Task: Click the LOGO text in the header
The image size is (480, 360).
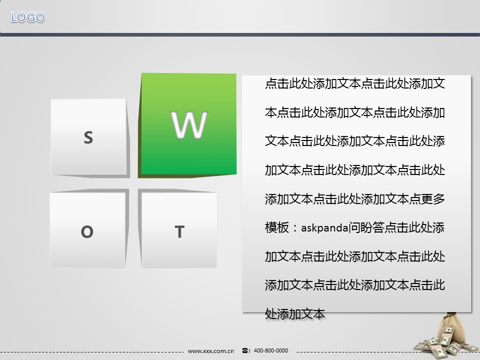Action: pyautogui.click(x=28, y=17)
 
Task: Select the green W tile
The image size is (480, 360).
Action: pyautogui.click(x=188, y=124)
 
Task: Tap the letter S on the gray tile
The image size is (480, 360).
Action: pyautogui.click(x=88, y=137)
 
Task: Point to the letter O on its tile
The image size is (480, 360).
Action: pyautogui.click(x=87, y=231)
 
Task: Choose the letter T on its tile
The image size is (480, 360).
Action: pyautogui.click(x=179, y=231)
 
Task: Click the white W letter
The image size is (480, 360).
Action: pyautogui.click(x=189, y=124)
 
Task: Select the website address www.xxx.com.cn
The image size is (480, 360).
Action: pyautogui.click(x=211, y=351)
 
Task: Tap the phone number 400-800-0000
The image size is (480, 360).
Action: pyautogui.click(x=271, y=350)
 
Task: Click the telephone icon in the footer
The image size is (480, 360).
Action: pyautogui.click(x=245, y=350)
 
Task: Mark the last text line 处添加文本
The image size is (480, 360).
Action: pyautogui.click(x=295, y=314)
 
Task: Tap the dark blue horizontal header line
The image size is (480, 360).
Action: pyautogui.click(x=240, y=34)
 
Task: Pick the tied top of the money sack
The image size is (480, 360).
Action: pyautogui.click(x=451, y=315)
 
